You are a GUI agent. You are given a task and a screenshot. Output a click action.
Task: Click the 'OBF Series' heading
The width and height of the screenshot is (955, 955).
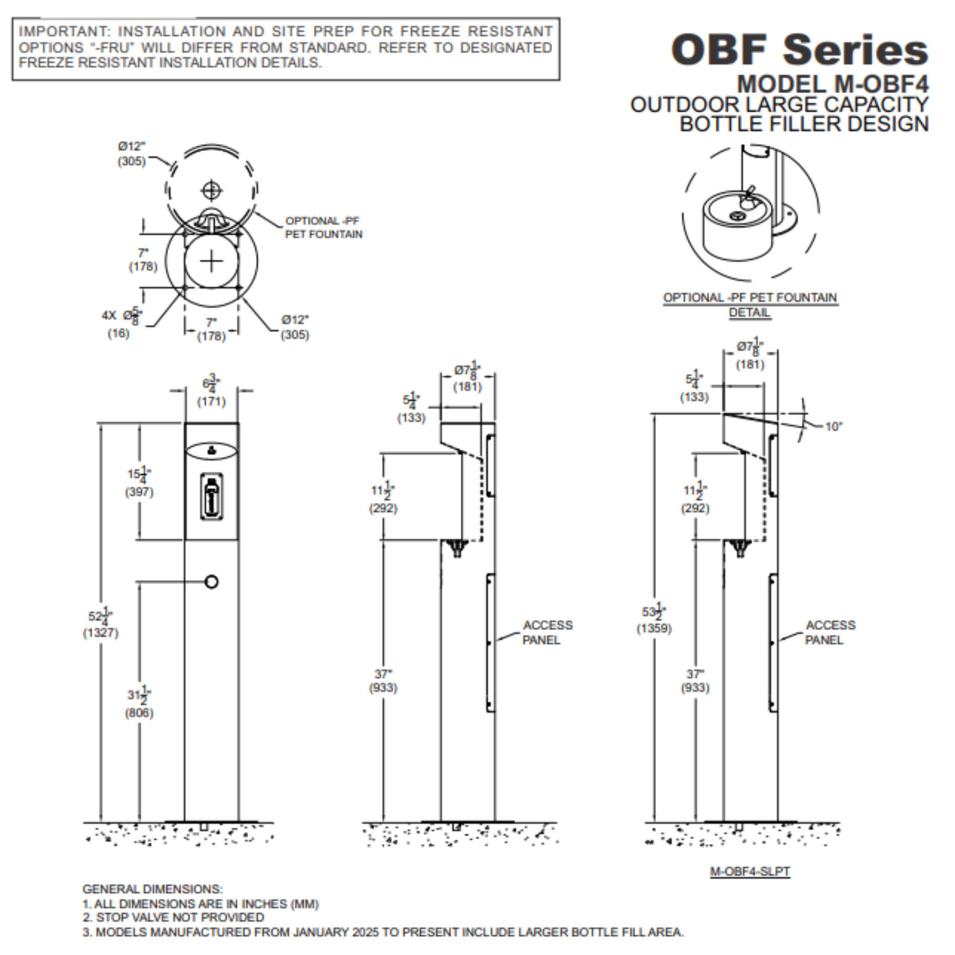[799, 49]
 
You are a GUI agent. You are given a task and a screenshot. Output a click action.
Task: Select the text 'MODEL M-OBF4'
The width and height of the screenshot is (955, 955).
[832, 84]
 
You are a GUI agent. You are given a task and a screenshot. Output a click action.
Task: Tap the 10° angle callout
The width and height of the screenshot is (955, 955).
[833, 426]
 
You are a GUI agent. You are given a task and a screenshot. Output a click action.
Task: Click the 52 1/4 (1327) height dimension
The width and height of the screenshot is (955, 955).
[101, 624]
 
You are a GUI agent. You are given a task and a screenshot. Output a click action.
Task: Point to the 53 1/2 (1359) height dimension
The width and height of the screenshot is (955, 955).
[654, 620]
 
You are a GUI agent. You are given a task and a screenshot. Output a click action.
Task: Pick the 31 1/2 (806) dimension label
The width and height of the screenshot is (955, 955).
[139, 703]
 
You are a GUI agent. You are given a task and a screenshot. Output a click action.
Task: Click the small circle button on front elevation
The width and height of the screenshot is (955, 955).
[212, 582]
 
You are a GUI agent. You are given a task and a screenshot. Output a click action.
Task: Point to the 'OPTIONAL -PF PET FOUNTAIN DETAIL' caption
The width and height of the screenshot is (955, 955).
[750, 304]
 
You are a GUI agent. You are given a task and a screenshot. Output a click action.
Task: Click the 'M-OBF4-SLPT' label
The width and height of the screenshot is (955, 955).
[750, 872]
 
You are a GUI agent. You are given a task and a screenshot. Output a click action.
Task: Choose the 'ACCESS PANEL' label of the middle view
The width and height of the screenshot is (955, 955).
[546, 632]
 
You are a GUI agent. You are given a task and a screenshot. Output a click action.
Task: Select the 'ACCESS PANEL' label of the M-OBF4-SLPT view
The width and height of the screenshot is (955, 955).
[830, 632]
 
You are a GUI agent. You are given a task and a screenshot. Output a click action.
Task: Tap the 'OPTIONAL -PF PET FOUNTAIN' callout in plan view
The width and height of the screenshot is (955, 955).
[323, 228]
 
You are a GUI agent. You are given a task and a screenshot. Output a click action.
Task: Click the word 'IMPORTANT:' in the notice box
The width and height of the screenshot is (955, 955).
[64, 32]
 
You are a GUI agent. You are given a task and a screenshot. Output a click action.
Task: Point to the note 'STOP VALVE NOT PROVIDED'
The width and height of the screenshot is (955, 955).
[180, 917]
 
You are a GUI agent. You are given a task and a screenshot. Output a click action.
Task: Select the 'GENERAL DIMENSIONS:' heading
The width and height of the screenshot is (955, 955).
[152, 889]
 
